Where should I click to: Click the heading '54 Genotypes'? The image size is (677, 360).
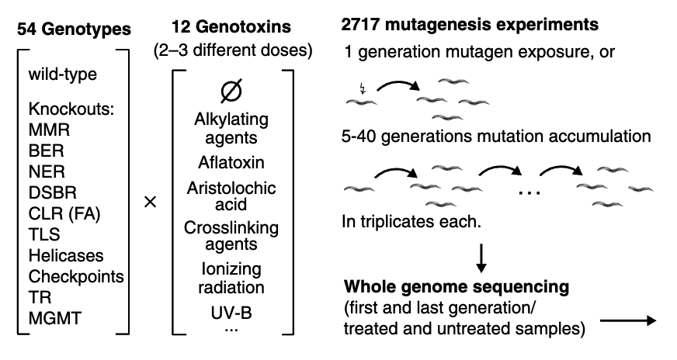(x=75, y=30)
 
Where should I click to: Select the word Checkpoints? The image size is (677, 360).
(x=75, y=276)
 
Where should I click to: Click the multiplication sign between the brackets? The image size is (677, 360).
(x=151, y=202)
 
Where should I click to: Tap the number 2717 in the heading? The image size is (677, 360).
(x=363, y=25)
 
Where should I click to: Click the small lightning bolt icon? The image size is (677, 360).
(x=363, y=87)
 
